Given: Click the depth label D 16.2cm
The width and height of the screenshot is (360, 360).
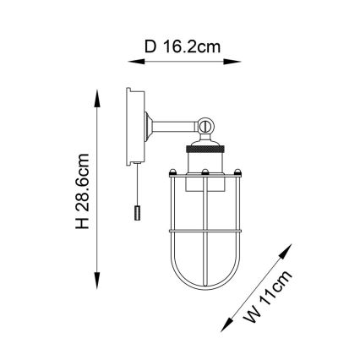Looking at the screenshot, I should [x=180, y=47].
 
